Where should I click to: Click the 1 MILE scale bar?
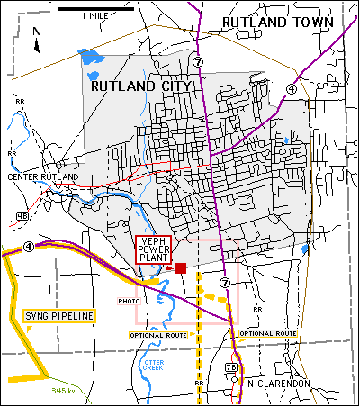(x=95, y=8)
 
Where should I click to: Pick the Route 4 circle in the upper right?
(x=291, y=88)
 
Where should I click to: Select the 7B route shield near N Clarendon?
(x=232, y=368)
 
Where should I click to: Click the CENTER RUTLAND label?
(x=43, y=177)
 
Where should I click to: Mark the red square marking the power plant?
(x=181, y=268)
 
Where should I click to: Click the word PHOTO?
(x=130, y=300)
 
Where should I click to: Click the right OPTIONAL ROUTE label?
(x=268, y=333)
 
